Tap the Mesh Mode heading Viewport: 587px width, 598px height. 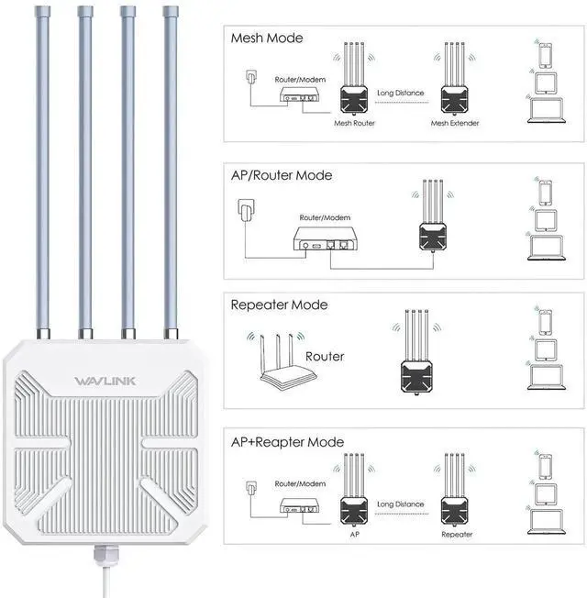point(267,39)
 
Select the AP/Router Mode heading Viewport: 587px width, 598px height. point(282,175)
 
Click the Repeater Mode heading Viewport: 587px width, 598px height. point(279,305)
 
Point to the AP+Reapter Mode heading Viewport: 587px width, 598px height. point(287,442)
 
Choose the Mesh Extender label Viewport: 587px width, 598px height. point(455,122)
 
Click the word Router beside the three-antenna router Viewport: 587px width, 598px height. point(325,356)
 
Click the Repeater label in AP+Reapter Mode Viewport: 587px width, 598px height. point(457,533)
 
